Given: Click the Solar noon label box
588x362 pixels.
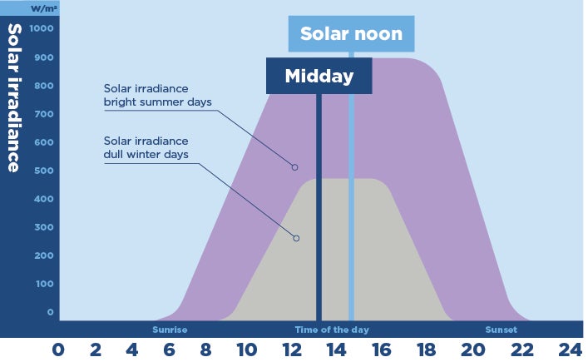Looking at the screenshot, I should click(x=351, y=34).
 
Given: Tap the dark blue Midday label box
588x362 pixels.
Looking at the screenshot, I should click(x=319, y=77).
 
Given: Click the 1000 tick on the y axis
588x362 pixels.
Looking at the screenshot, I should click(x=42, y=28).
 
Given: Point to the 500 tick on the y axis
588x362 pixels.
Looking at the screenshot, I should click(x=44, y=171).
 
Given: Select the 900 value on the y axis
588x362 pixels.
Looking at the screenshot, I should click(x=44, y=57).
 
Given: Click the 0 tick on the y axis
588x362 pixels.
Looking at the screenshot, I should click(x=51, y=312).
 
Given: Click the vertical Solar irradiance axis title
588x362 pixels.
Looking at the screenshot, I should click(x=14, y=97).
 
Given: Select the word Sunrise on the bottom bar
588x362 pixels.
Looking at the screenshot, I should click(x=170, y=330).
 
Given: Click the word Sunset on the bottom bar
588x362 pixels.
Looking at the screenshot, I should click(x=501, y=330).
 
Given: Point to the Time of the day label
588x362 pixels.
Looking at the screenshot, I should click(x=332, y=330).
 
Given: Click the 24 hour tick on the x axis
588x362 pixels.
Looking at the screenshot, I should click(x=570, y=350).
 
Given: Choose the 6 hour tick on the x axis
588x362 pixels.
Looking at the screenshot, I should click(x=170, y=350).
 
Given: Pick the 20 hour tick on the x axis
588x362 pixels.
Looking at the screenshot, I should click(x=474, y=350).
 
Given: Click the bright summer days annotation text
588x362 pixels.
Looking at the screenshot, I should click(x=158, y=95).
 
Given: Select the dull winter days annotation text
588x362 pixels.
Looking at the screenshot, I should click(x=146, y=147).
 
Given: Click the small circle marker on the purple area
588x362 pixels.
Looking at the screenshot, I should click(x=294, y=167).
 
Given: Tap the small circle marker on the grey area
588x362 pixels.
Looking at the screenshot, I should click(x=296, y=238).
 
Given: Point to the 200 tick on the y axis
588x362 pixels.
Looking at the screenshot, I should click(x=44, y=255).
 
